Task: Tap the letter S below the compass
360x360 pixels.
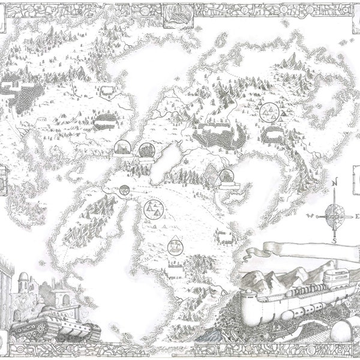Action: coord(335,240)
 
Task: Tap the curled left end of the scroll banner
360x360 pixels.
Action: coord(266,252)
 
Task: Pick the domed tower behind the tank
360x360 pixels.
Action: coord(22,282)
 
